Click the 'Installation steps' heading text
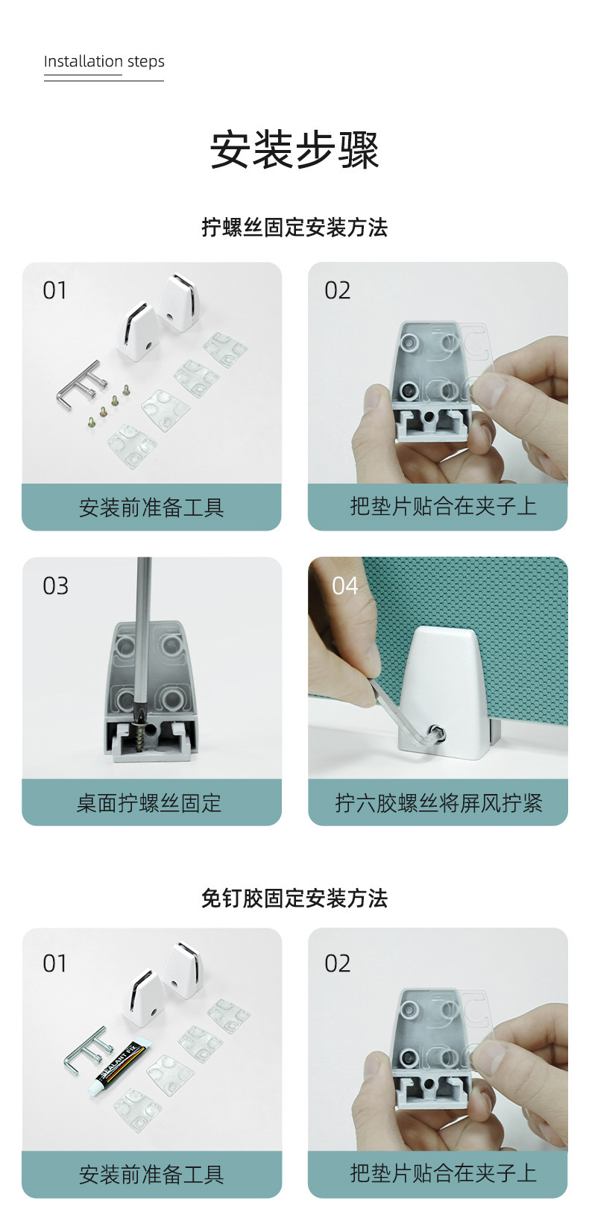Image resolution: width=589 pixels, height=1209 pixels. pyautogui.click(x=104, y=61)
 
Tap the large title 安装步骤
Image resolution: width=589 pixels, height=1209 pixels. pyautogui.click(x=294, y=149)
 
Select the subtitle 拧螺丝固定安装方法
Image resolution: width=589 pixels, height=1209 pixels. pyautogui.click(x=294, y=227)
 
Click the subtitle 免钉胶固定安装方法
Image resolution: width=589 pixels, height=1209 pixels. pyautogui.click(x=294, y=898)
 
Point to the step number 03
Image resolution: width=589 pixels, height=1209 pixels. pyautogui.click(x=56, y=586)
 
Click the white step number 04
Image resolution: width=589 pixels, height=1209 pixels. pyautogui.click(x=344, y=586)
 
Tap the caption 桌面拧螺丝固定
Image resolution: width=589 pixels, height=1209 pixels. pyautogui.click(x=149, y=803)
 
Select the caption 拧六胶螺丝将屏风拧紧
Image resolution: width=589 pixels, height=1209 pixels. pyautogui.click(x=438, y=803)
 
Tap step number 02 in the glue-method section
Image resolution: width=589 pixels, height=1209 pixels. pyautogui.click(x=338, y=963)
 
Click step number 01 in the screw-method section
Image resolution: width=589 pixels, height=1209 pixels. pyautogui.click(x=55, y=290)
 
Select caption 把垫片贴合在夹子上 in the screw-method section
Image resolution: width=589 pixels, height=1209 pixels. pyautogui.click(x=444, y=506)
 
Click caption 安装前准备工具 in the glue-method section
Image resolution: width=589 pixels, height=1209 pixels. pyautogui.click(x=151, y=1175)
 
